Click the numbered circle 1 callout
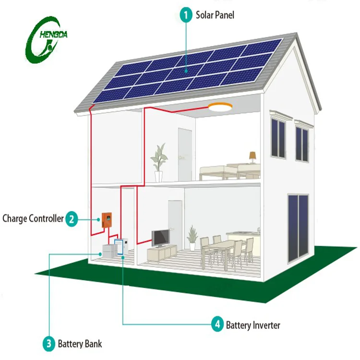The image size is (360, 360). [x=186, y=14]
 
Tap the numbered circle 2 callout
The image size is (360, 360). [x=72, y=219]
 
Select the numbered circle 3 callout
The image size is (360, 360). [x=48, y=344]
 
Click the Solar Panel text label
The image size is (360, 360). [x=215, y=14]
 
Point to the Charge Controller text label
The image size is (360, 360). [x=33, y=219]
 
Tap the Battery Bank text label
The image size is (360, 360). [x=80, y=344]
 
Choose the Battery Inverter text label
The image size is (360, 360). [x=253, y=325]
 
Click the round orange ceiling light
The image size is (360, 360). [x=220, y=108]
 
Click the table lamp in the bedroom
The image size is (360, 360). [x=252, y=156]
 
